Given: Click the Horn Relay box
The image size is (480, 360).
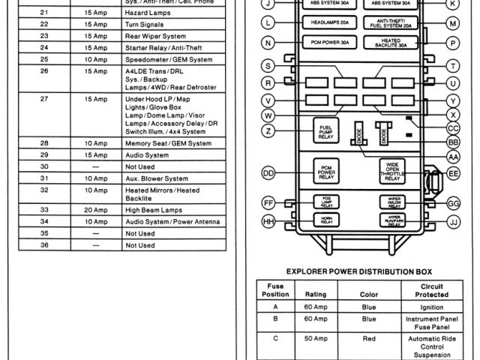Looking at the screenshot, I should point(326,221).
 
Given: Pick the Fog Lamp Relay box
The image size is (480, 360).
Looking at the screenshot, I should point(326,202).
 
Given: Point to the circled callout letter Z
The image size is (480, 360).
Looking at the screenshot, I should point(268,131).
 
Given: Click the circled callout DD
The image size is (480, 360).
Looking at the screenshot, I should point(268,173).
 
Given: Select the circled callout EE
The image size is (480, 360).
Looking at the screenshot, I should point(453,173).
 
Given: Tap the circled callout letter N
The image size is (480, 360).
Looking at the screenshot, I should point(268,42).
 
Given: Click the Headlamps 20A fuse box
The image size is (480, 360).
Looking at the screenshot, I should point(326,24).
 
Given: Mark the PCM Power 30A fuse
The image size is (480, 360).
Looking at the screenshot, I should point(326,42).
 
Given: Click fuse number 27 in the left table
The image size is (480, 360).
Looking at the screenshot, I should point(43,98).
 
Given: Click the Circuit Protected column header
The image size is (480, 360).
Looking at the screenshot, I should point(431,289).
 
